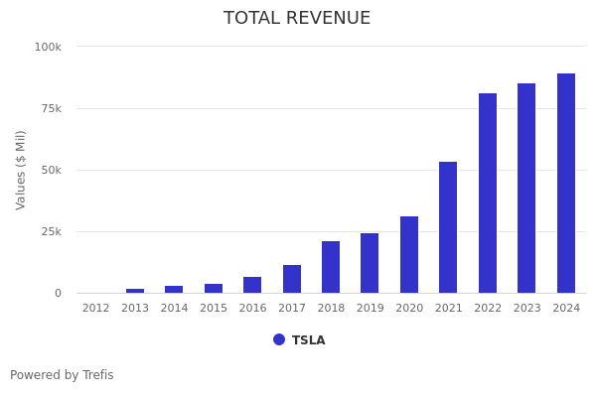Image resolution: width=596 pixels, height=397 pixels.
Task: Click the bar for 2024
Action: (566, 184)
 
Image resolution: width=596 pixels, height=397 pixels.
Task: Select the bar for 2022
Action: (488, 194)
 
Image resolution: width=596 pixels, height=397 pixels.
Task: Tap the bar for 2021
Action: (448, 227)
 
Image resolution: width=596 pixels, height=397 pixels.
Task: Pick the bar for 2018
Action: (331, 267)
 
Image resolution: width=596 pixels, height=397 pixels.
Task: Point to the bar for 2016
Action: (252, 285)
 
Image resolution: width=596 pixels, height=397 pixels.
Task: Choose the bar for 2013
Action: (135, 291)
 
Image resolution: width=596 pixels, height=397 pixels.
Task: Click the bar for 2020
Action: (409, 255)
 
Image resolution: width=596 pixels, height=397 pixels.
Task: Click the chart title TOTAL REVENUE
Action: (297, 19)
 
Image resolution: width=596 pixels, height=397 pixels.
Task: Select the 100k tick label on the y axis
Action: (48, 47)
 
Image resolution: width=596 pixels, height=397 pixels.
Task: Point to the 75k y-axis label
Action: (51, 108)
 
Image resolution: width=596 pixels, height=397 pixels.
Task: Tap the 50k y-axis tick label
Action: (51, 170)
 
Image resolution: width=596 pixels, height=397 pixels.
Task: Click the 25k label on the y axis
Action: (51, 231)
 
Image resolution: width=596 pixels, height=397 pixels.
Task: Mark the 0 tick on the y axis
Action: (58, 293)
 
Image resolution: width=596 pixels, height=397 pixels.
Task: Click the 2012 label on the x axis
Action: (95, 309)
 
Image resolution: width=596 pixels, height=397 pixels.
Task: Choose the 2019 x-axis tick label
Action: (370, 309)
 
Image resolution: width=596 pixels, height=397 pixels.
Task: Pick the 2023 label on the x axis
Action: (526, 309)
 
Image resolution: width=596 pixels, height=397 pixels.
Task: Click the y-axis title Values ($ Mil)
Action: (21, 170)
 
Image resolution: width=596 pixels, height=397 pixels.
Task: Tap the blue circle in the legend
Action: (279, 339)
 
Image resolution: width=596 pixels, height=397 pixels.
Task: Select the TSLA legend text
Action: (308, 340)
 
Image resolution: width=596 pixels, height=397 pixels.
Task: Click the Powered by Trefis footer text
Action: (62, 375)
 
